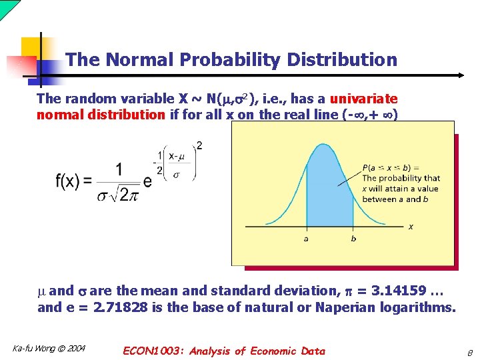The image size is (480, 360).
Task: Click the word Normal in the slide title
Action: tap(135, 60)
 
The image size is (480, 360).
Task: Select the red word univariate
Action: tap(363, 99)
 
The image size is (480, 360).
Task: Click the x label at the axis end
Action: tap(411, 227)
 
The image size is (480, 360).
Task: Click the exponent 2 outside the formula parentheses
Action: tap(199, 145)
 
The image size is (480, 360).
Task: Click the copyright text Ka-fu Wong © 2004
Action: tap(49, 349)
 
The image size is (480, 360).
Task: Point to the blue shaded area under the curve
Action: tap(329, 193)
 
